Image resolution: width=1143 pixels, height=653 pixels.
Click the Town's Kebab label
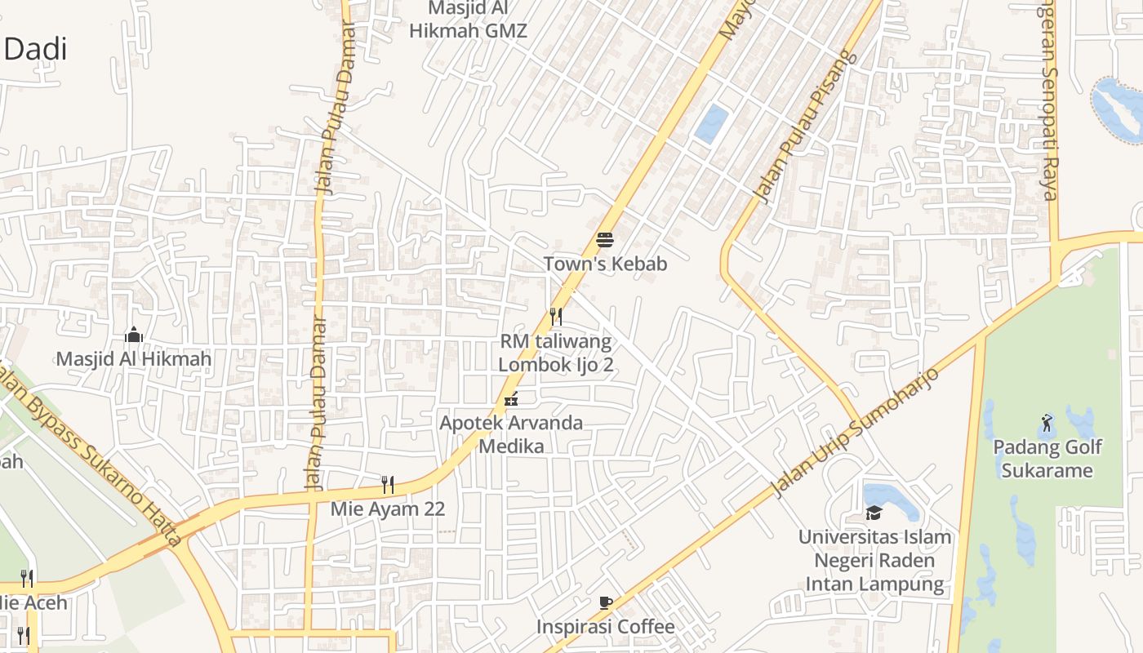point(605,264)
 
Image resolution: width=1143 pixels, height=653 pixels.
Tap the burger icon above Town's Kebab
point(605,239)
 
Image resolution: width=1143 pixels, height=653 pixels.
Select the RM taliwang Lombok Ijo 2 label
point(555,353)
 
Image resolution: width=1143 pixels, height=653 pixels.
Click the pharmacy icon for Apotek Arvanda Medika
point(511,399)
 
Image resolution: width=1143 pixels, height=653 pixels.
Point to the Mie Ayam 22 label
point(388,509)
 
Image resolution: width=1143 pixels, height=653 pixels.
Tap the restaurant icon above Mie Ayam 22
point(388,485)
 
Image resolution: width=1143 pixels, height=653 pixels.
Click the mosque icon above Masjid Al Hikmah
point(134,335)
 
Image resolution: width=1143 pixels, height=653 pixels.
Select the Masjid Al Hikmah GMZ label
point(469,20)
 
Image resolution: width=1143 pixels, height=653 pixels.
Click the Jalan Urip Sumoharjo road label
point(854,433)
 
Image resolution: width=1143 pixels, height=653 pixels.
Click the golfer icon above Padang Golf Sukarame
point(1047,423)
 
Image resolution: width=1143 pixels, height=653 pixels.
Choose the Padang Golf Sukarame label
point(1047,459)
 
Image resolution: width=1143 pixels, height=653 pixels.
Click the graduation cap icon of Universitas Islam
point(874,513)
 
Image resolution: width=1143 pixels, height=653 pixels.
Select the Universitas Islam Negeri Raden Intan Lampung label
point(874,561)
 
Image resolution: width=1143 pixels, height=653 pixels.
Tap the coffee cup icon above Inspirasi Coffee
point(605,603)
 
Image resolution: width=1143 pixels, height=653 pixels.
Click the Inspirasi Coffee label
point(605,627)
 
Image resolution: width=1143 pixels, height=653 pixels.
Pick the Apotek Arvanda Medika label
point(511,434)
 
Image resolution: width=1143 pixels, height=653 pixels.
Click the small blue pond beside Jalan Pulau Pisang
point(710,123)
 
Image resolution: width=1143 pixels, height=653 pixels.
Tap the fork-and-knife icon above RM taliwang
point(555,316)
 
